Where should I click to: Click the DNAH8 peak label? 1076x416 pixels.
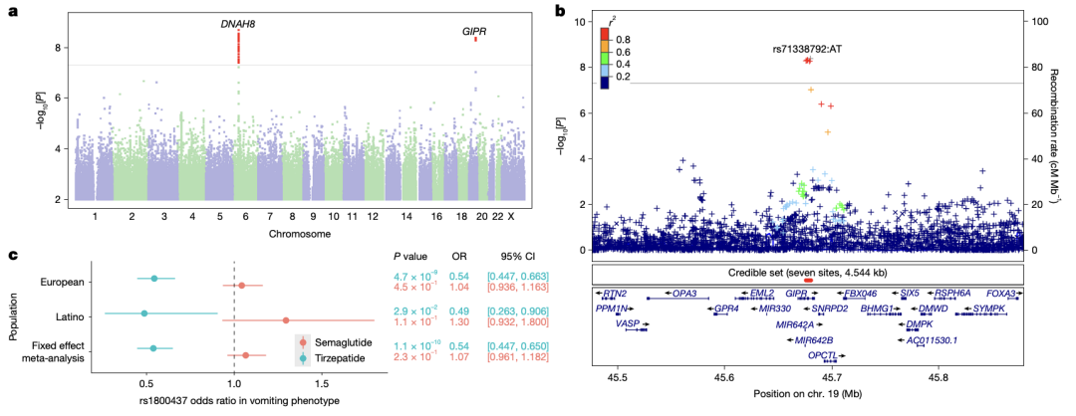point(237,23)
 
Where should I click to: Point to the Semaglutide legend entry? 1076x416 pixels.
point(349,341)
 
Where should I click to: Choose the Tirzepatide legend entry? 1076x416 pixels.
point(347,356)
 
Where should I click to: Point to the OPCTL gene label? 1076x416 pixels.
point(821,355)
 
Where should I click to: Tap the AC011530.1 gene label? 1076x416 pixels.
point(931,340)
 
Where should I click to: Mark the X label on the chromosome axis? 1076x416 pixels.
point(511,215)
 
